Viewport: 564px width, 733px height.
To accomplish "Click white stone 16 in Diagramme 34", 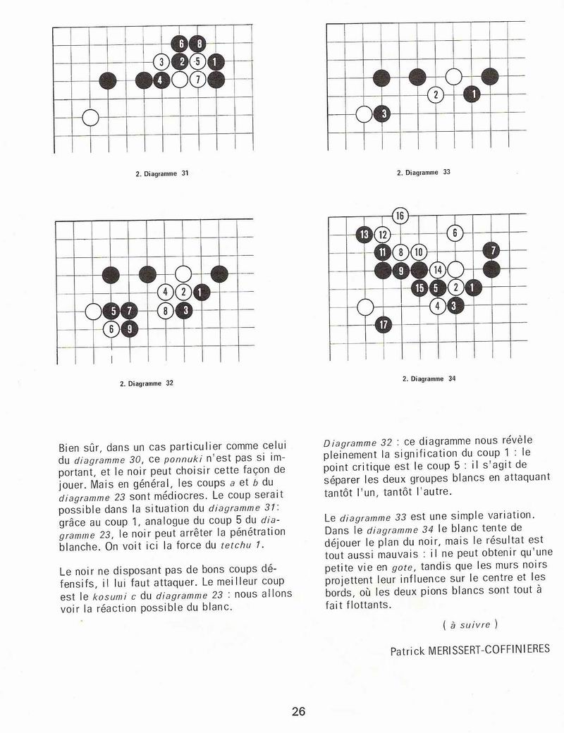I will (400, 216).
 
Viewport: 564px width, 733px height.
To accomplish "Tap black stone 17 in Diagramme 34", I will (382, 325).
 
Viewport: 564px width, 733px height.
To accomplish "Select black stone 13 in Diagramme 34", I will (364, 234).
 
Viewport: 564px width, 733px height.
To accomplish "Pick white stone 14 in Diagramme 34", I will (437, 270).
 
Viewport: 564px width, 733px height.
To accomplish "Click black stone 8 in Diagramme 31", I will (199, 44).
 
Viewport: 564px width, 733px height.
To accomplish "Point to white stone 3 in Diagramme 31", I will (162, 62).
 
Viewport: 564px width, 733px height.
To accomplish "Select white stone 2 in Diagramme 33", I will (436, 94).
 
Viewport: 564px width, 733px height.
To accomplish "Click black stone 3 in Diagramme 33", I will (382, 113).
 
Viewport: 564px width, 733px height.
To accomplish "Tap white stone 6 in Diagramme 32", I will (111, 328).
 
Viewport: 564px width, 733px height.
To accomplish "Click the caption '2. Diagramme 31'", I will (162, 173).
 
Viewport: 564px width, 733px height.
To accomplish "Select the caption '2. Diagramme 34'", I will (429, 378).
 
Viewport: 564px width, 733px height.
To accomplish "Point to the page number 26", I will (298, 710).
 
